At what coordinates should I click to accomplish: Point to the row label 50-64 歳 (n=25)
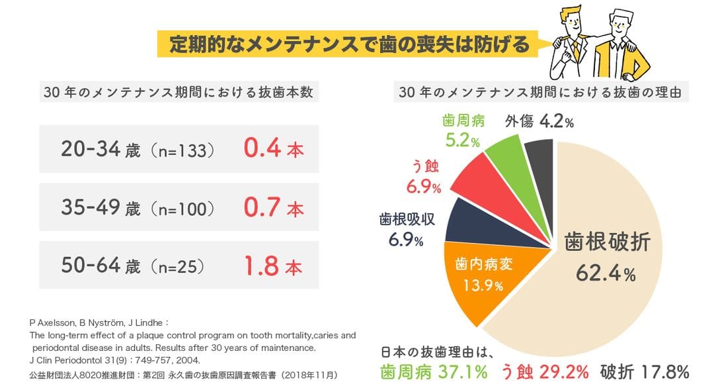[132, 267]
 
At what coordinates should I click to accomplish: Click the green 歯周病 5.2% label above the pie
[463, 129]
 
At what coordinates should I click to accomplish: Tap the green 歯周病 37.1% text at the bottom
[434, 371]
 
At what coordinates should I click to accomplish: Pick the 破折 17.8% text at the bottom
[644, 371]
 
